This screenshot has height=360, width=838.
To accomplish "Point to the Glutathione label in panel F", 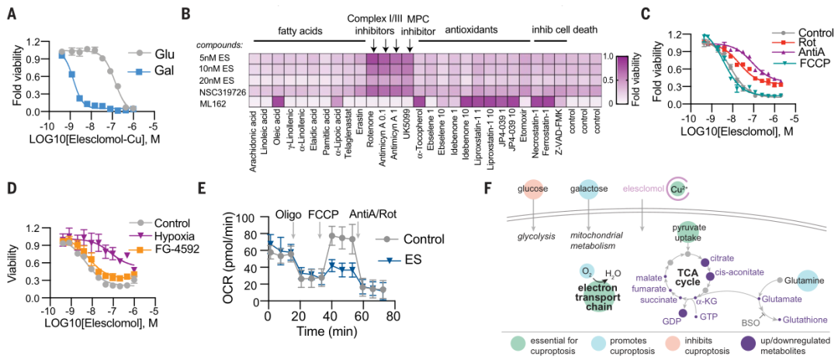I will (809, 318).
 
